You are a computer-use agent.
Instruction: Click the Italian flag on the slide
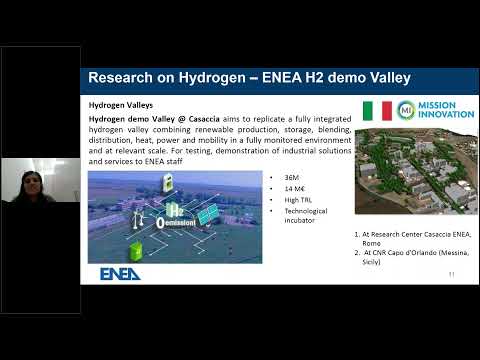click(377, 111)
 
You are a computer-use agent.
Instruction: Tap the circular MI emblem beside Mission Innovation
click(406, 111)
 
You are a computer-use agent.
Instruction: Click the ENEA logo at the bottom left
click(119, 273)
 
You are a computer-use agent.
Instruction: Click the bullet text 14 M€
click(296, 189)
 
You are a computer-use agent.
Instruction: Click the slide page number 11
click(451, 273)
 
